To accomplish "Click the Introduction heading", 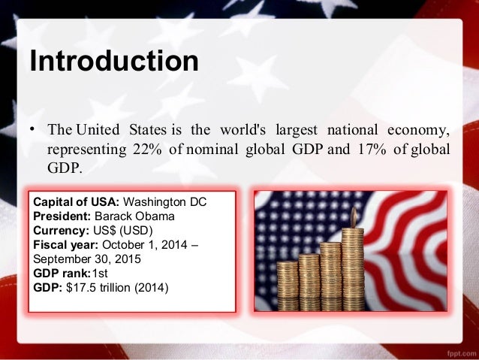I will coord(113,61).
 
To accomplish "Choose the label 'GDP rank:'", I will coord(62,274).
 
